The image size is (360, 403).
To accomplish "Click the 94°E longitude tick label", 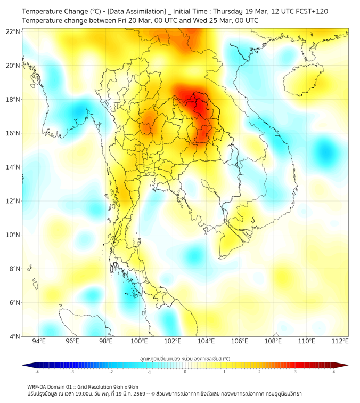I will (39, 341).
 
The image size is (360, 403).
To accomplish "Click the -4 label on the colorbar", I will (36, 372).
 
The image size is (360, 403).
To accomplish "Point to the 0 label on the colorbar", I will (185, 372).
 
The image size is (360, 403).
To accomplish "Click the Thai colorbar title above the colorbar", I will (185, 359).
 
